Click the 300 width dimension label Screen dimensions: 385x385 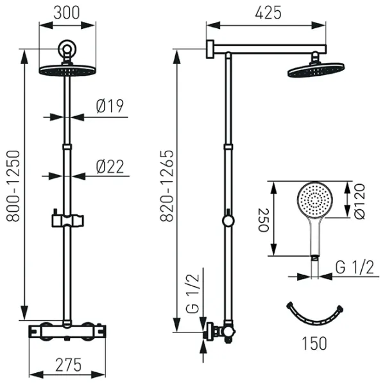pyautogui.click(x=67, y=13)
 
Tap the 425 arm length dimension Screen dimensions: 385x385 pyautogui.click(x=268, y=13)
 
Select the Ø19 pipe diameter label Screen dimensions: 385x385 pyautogui.click(x=110, y=106)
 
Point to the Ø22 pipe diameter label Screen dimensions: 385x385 pyautogui.click(x=110, y=167)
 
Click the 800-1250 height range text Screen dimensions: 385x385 pyautogui.click(x=13, y=186)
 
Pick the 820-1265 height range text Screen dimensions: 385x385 pyautogui.click(x=167, y=186)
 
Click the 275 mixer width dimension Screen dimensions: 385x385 pyautogui.click(x=68, y=365)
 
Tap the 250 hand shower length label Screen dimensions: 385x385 pyautogui.click(x=264, y=220)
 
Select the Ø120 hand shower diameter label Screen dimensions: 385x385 pyautogui.click(x=359, y=201)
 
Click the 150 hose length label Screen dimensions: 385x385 pyautogui.click(x=314, y=343)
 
